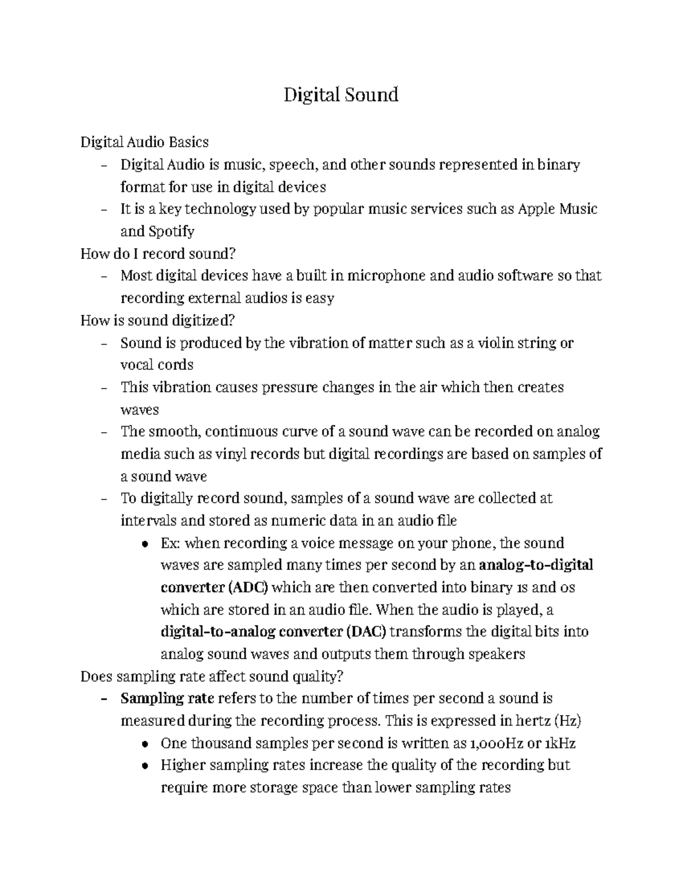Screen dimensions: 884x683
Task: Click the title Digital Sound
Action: point(341,94)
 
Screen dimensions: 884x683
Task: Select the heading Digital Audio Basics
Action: point(145,142)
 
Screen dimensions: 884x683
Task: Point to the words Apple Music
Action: point(557,209)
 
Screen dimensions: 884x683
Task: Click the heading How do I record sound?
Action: point(158,253)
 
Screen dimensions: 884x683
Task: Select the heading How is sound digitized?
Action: point(158,320)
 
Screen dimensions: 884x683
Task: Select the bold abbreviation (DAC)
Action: point(365,632)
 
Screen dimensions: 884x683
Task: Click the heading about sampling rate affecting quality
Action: point(212,676)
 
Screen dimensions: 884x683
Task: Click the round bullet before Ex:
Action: point(146,544)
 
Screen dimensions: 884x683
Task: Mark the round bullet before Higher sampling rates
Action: point(146,766)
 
